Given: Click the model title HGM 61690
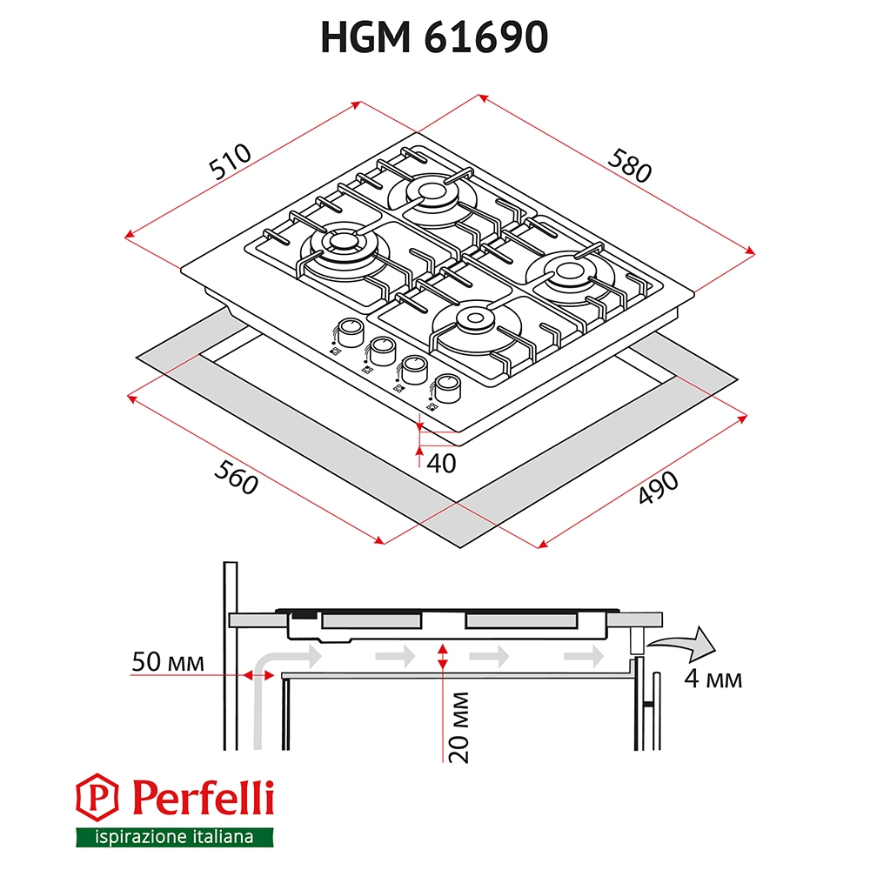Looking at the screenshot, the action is tap(434, 37).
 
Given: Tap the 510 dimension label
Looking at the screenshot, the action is tap(231, 162).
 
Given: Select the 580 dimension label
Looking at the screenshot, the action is tap(629, 165).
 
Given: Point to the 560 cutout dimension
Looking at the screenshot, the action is tap(236, 477).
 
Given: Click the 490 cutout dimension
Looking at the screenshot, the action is tap(658, 488).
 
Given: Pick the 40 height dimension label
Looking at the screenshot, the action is tap(441, 464).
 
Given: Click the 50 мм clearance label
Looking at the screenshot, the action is tap(168, 661).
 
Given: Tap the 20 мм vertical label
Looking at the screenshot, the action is tap(459, 727).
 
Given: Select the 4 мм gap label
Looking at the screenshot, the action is tap(713, 679).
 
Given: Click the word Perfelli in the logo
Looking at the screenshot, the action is tap(203, 798).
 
